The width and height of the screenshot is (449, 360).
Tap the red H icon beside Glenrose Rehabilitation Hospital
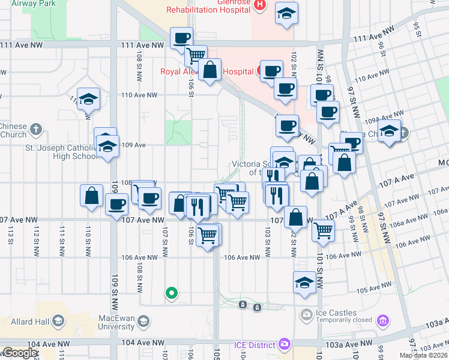(x=259, y=5)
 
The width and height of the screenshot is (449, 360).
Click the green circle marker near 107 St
(x=172, y=293)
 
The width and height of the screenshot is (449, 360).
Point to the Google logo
(x=19, y=353)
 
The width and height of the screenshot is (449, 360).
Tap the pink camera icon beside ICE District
(x=284, y=345)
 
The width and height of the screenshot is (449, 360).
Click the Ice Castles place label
(x=336, y=313)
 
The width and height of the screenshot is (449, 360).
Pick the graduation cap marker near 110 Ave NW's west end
(x=89, y=99)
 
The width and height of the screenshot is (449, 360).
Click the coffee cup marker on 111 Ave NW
(x=181, y=38)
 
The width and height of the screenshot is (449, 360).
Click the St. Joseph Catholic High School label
(x=60, y=152)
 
